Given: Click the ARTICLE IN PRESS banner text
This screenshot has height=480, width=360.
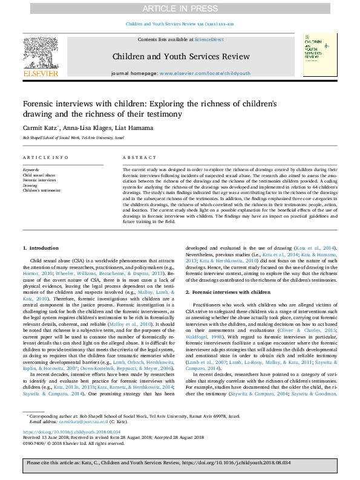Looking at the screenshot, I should click(180, 8).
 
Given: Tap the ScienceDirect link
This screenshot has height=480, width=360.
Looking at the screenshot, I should click(209, 39).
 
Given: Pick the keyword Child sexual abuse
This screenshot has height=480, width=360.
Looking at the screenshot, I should click(38, 175).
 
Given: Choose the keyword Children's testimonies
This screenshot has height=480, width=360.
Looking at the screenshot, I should click(42, 190).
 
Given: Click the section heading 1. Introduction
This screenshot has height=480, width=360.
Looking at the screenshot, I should click(41, 248).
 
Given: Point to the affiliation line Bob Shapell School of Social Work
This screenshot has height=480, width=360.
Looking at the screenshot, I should click(73, 138).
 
